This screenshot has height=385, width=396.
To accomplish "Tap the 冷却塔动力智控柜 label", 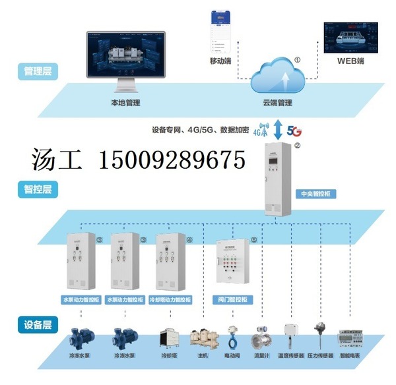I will click(x=170, y=299).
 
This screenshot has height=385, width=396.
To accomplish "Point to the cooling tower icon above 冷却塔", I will click(x=167, y=338).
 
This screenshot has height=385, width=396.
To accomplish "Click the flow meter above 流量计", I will click(x=261, y=338).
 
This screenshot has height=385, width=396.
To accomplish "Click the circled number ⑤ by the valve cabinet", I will click(x=254, y=241).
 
